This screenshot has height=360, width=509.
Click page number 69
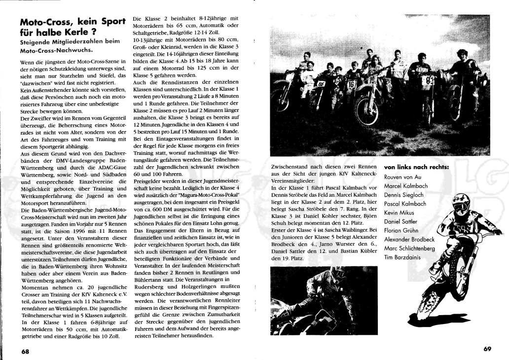click(x=487, y=349)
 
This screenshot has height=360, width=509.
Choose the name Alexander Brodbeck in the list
click(x=410, y=239)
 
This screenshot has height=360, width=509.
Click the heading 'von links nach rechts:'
click(x=416, y=167)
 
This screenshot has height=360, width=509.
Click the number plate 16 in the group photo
click(x=351, y=84)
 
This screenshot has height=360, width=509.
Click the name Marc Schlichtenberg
click(x=409, y=248)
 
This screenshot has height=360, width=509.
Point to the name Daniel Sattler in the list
click(x=401, y=221)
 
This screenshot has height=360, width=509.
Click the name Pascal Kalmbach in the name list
click(x=405, y=204)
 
